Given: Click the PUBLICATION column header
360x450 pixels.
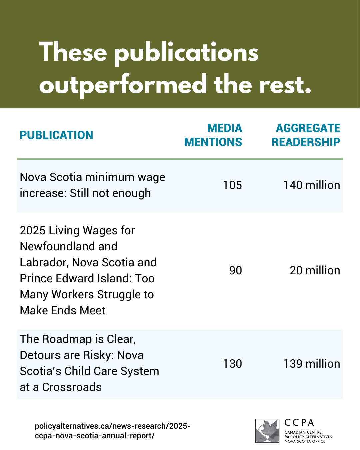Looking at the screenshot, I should [56, 135].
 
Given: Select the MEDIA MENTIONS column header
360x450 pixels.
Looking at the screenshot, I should [213, 135].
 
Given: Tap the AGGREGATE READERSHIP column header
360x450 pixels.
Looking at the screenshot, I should [306, 135].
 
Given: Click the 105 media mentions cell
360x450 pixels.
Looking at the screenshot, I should [232, 185].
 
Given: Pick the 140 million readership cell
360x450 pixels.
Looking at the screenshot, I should [312, 185].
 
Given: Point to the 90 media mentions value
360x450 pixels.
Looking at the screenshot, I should [235, 270].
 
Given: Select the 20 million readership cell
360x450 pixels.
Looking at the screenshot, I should [315, 270].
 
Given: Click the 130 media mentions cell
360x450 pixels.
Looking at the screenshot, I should [232, 364].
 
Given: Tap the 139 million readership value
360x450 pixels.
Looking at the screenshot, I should [312, 364].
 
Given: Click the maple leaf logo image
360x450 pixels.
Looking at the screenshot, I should [267, 431].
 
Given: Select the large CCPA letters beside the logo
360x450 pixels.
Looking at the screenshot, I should [299, 423].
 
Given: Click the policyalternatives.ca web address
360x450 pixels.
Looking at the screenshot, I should [112, 431].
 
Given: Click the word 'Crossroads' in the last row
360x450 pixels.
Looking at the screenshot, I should [72, 387].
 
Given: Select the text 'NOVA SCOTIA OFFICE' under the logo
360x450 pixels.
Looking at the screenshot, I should [305, 441].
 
